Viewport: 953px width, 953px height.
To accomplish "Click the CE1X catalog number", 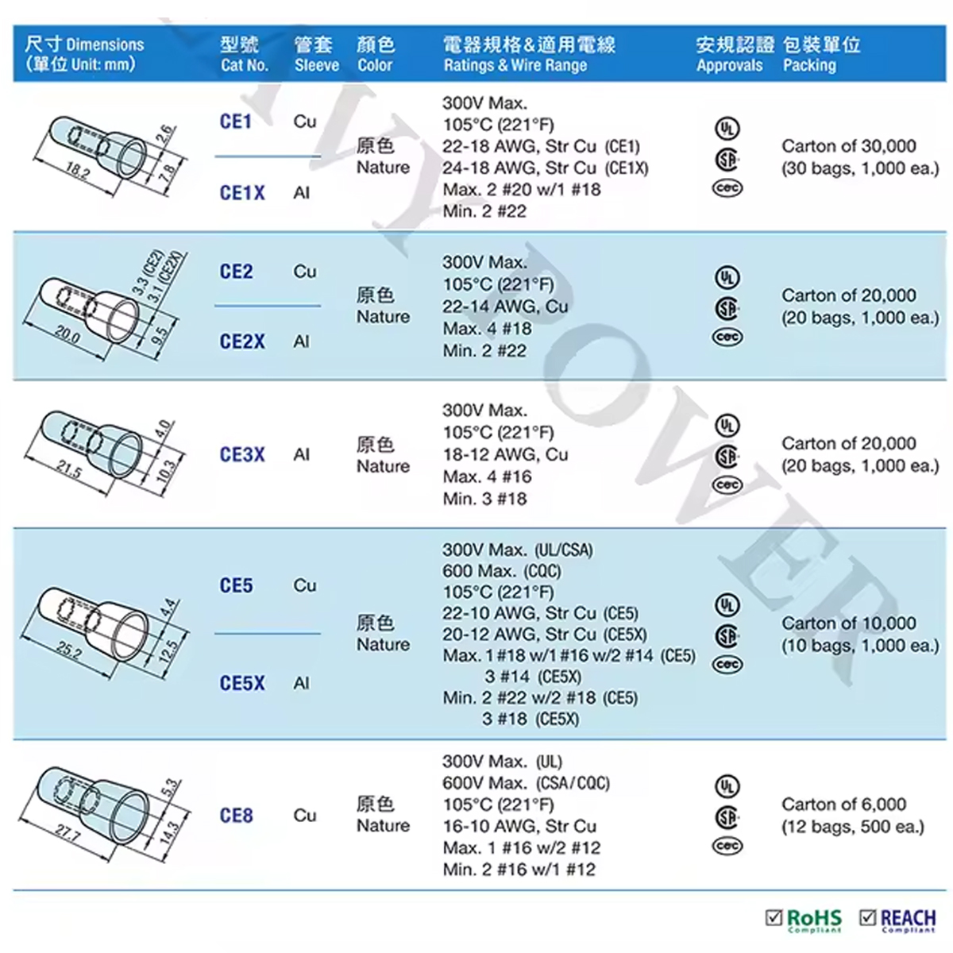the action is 242,193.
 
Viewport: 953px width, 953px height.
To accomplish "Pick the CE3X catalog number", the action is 242,454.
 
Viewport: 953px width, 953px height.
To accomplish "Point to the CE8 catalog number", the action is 236,816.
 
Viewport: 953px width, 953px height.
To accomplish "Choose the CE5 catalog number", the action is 236,585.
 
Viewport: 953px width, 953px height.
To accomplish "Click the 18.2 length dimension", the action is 77,170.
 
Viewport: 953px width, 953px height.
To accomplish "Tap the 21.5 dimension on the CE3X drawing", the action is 69,468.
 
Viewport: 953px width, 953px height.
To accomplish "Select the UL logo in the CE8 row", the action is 727,786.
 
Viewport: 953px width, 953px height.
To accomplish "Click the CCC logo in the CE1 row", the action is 727,188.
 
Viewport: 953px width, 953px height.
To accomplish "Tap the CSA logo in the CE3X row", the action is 727,456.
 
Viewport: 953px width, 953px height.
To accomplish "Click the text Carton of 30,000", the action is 849,146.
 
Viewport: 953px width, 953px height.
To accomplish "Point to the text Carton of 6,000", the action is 843,804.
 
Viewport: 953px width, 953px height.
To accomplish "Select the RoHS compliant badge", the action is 804,920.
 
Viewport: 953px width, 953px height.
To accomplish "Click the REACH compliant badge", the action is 897,920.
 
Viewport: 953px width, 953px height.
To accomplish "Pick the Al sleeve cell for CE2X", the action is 301,341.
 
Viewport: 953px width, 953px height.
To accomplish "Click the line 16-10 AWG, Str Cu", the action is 519,826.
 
